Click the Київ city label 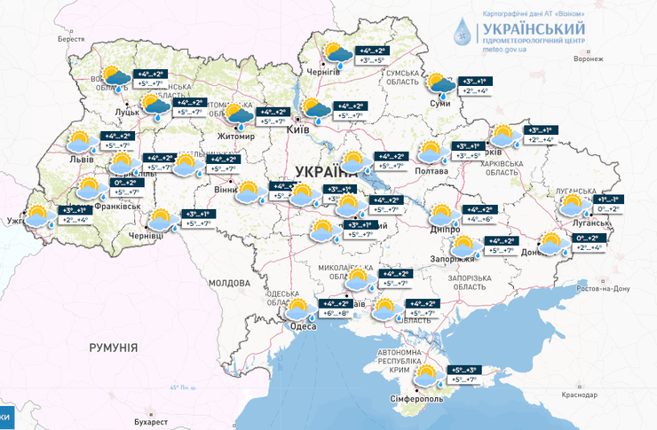[x=299, y=130]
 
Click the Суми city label [x=439, y=104]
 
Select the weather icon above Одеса [x=297, y=309]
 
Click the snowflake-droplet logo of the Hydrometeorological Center [x=462, y=32]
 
